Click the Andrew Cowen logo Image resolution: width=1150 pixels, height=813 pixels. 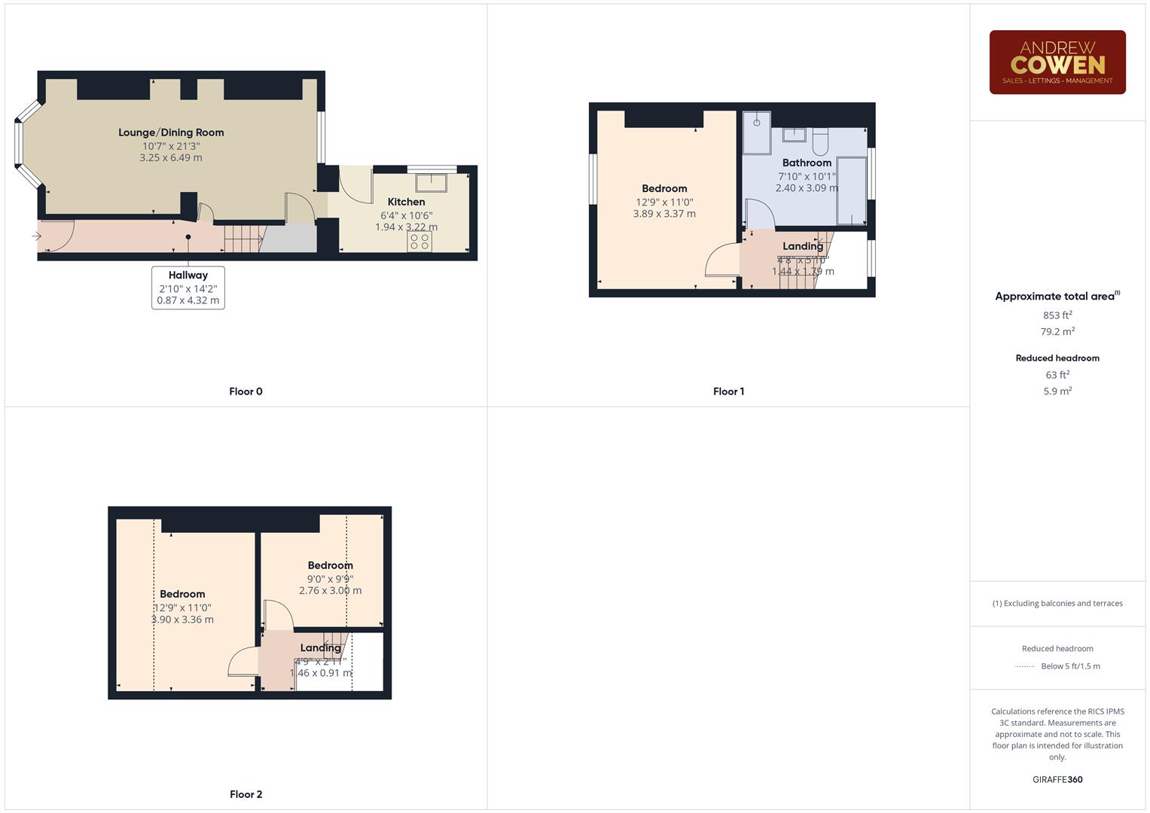tap(1057, 62)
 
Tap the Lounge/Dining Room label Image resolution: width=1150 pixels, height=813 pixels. tap(171, 132)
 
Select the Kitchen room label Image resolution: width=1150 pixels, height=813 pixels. tap(406, 202)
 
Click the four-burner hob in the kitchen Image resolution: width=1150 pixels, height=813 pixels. tap(419, 241)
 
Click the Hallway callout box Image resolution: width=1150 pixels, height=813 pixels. tap(188, 288)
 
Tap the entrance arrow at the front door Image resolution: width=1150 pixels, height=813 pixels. tap(36, 236)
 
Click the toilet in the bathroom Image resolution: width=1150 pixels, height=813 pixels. tap(820, 140)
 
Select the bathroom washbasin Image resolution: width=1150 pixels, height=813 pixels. tap(794, 135)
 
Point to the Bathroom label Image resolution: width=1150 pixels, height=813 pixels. tap(807, 163)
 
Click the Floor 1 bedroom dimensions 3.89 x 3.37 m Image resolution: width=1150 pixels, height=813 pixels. tap(664, 214)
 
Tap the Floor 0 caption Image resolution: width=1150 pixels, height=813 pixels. tap(246, 391)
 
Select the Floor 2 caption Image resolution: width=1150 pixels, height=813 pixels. tap(246, 794)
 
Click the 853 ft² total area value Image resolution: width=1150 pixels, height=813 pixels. tap(1057, 315)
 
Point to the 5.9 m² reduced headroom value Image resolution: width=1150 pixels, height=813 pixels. tap(1057, 391)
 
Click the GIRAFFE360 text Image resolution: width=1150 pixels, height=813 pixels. tap(1057, 780)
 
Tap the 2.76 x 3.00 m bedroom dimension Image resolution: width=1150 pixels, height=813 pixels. tap(330, 591)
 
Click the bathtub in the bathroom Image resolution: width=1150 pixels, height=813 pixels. tap(852, 190)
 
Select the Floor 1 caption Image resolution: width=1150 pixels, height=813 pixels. tap(728, 391)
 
